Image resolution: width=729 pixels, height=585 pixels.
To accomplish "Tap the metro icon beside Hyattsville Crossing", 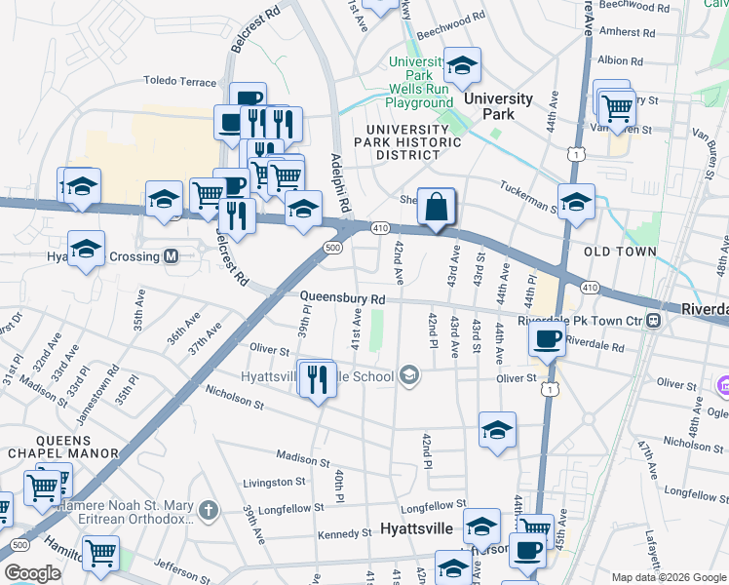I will click(x=172, y=256).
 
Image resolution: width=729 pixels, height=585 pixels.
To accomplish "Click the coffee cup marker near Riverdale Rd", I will click(x=547, y=339).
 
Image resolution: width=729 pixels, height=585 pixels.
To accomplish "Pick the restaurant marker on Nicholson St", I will click(x=317, y=378).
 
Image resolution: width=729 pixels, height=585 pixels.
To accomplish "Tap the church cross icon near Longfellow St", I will click(x=208, y=510).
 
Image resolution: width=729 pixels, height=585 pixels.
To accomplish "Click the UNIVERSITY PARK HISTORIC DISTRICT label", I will click(x=410, y=141).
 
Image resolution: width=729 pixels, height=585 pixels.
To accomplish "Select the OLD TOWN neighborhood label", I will click(x=619, y=252).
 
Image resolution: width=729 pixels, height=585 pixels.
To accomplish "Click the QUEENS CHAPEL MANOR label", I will click(x=62, y=446).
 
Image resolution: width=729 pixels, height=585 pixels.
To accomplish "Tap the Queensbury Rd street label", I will click(x=343, y=298).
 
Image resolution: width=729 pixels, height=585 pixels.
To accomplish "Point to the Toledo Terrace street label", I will click(x=178, y=83).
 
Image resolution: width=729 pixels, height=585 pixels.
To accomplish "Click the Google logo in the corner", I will click(x=32, y=573).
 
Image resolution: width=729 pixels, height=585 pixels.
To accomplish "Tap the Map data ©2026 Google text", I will click(x=668, y=576).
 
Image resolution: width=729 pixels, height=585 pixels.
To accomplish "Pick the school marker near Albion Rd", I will click(x=462, y=66).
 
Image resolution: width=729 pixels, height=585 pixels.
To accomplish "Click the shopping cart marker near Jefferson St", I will click(x=100, y=553).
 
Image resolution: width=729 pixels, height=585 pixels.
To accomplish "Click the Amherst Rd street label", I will click(x=634, y=32).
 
